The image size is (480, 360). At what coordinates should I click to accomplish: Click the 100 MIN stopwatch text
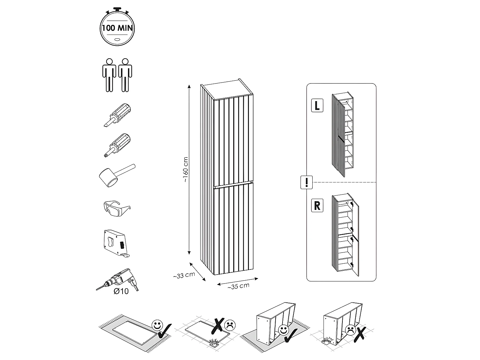117,28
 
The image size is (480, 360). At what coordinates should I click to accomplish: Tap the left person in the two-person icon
109,75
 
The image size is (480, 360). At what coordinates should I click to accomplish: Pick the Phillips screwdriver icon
118,145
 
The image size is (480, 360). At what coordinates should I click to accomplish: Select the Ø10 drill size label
121,291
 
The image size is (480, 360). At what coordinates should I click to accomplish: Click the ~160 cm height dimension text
186,170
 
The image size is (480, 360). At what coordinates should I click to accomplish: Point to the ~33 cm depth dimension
184,275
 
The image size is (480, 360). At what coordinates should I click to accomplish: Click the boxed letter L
317,105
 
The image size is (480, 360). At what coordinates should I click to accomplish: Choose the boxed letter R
317,205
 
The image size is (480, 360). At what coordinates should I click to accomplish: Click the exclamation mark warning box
307,182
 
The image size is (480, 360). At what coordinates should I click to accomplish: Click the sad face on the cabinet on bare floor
350,329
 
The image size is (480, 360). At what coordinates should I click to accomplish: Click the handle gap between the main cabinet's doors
233,185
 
